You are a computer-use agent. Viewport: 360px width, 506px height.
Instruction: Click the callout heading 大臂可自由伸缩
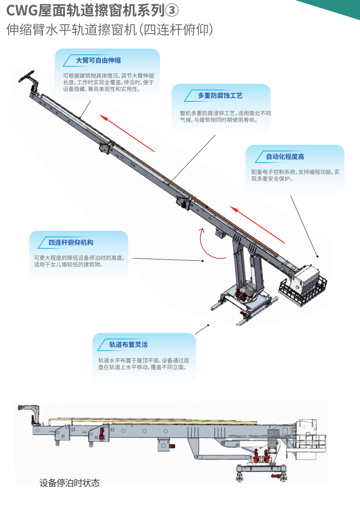[98, 60]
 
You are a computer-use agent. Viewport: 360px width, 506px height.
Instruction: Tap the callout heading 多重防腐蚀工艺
[220, 95]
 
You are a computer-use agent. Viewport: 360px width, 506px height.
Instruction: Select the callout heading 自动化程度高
[285, 156]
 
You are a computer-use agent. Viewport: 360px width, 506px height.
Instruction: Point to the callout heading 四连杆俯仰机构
[71, 242]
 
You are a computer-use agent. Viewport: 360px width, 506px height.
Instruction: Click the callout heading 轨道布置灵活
[128, 344]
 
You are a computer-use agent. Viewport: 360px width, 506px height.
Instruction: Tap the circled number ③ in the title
[172, 11]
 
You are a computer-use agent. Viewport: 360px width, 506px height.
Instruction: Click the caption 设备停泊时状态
[70, 483]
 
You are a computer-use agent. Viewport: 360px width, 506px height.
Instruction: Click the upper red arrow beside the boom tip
[127, 133]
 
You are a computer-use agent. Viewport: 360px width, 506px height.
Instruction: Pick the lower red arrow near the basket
[257, 224]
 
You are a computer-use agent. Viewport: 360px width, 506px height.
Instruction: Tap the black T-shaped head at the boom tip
[27, 75]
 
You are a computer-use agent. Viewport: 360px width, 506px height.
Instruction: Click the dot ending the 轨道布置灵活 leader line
[209, 325]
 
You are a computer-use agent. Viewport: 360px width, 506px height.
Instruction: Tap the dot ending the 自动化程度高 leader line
[317, 256]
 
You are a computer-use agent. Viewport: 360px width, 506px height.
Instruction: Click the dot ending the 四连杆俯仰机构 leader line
[203, 261]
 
